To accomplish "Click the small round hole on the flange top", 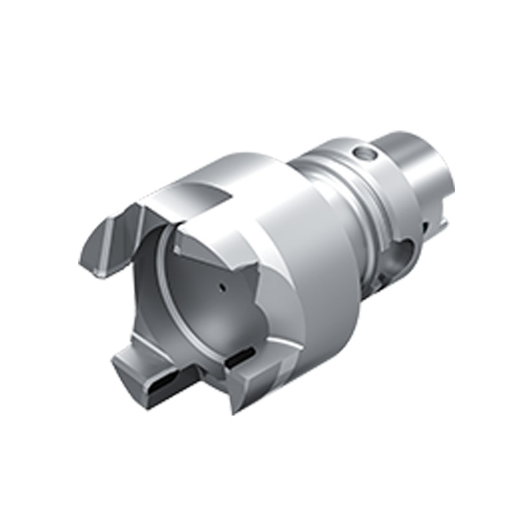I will [x=364, y=154].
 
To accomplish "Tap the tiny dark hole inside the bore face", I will [x=221, y=287].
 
